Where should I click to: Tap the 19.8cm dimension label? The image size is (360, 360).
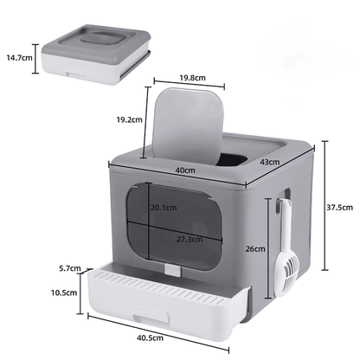(192, 77)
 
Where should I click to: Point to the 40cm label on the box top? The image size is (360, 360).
(183, 170)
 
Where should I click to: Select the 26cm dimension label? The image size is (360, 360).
(254, 248)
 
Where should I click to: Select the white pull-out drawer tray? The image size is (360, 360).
(164, 303)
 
